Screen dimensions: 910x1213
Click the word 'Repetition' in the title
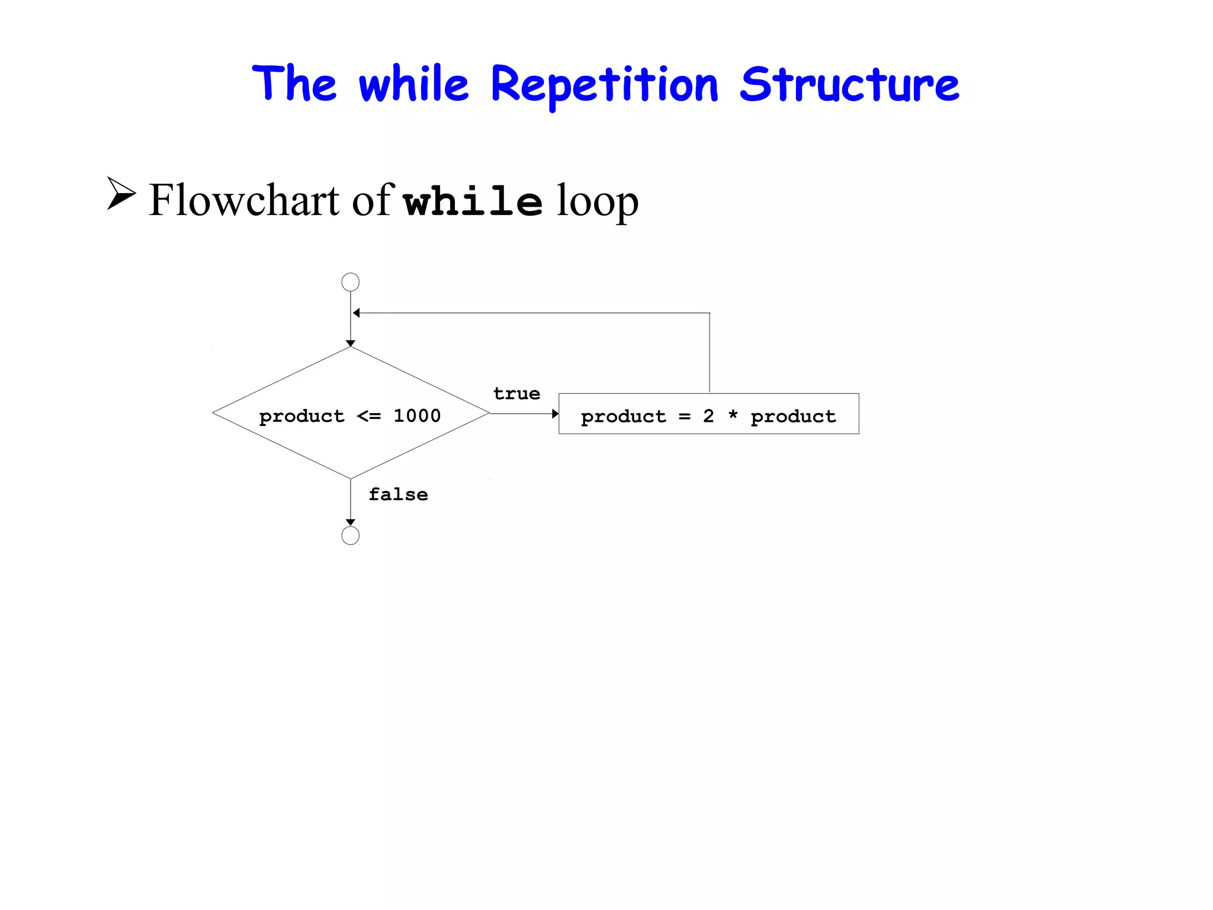604,85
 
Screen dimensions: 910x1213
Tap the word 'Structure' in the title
849,85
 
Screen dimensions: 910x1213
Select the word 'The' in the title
294,84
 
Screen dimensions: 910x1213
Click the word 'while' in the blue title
413,85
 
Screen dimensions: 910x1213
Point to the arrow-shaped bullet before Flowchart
121,193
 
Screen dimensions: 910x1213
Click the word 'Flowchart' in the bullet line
244,200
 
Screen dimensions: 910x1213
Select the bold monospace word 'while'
473,201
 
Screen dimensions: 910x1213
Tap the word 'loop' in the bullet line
598,201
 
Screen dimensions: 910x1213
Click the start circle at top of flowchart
351,282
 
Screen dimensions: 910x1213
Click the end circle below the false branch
351,536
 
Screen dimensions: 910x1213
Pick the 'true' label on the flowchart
516,393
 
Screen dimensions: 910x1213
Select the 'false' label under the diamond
398,494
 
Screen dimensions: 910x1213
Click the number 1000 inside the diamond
417,416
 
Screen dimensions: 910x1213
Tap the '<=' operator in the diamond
369,416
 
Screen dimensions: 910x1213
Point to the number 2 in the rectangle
708,416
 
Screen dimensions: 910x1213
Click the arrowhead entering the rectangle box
555,414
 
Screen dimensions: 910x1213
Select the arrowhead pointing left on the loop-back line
357,313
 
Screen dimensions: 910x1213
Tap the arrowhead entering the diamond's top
351,344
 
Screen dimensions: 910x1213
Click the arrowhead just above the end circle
351,523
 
